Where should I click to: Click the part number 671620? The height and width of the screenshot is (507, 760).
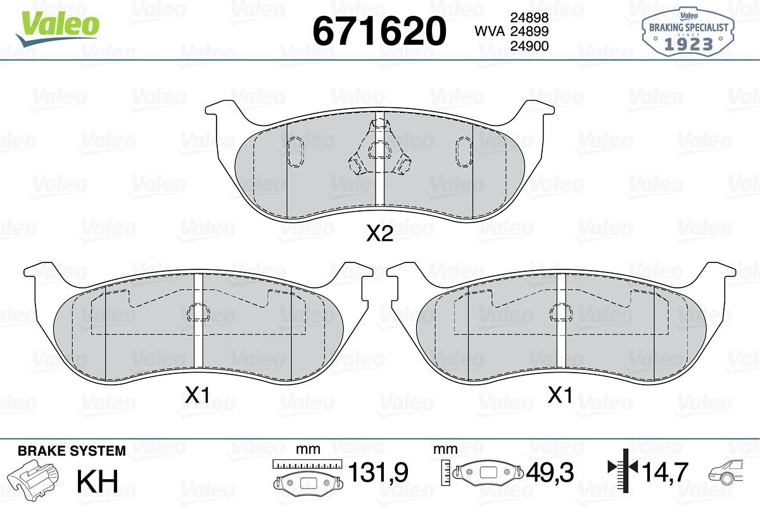tap(379, 31)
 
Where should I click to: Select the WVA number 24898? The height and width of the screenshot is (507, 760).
tap(529, 17)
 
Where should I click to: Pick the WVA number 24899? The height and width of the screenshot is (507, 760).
tap(529, 31)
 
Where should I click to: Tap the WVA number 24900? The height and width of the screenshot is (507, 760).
tap(529, 46)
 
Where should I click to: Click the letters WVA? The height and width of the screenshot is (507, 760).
tap(490, 32)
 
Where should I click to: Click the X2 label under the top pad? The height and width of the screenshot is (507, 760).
tap(379, 234)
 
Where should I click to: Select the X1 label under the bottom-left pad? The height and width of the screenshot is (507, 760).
tap(197, 395)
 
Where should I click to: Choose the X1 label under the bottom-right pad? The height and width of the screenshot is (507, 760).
tap(560, 395)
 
